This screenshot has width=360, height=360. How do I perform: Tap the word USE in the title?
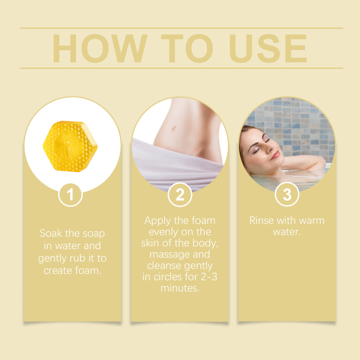click(268, 49)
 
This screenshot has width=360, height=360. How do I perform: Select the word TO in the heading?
click(187, 49)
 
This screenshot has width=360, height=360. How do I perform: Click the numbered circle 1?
click(70, 195)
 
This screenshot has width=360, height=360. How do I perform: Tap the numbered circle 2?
click(180, 195)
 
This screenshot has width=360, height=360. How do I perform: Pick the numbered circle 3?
click(287, 194)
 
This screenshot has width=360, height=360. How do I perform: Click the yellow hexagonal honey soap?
click(70, 146)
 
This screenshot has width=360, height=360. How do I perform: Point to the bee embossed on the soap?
click(68, 146)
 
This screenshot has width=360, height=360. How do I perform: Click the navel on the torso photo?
click(174, 128)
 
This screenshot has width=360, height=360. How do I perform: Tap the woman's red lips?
click(274, 155)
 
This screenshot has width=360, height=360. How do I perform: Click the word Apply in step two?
click(158, 221)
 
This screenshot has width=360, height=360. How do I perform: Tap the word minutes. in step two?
click(180, 288)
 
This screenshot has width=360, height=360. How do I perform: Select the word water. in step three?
click(287, 232)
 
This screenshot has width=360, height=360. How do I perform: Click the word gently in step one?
click(52, 259)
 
